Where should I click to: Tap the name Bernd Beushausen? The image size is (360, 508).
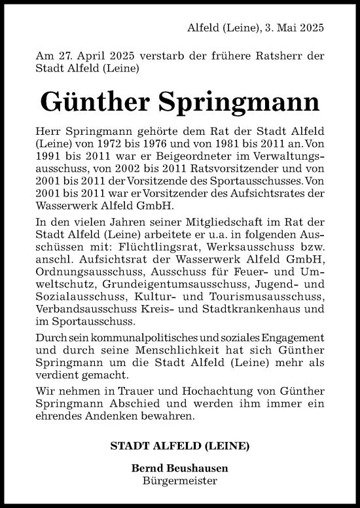point(180,469)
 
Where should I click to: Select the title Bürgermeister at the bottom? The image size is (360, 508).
point(180,481)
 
